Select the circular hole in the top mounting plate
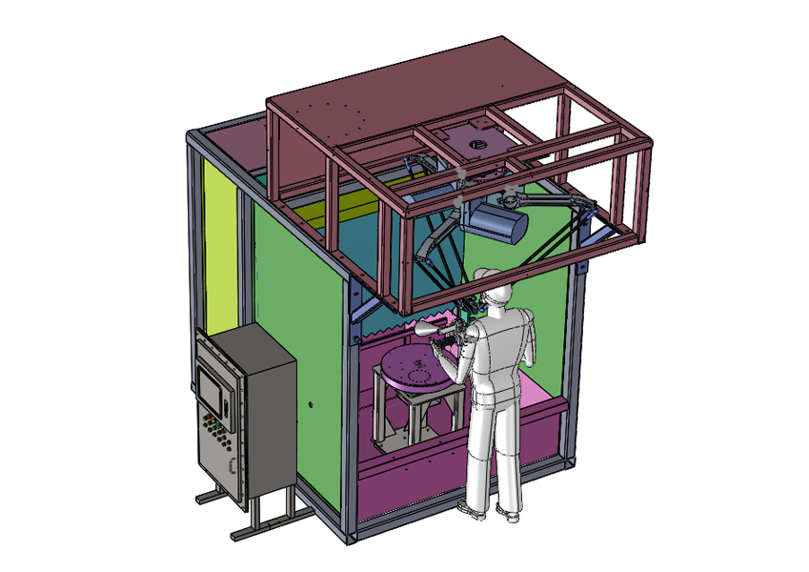[x=475, y=144]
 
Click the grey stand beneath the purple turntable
[x=400, y=419]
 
